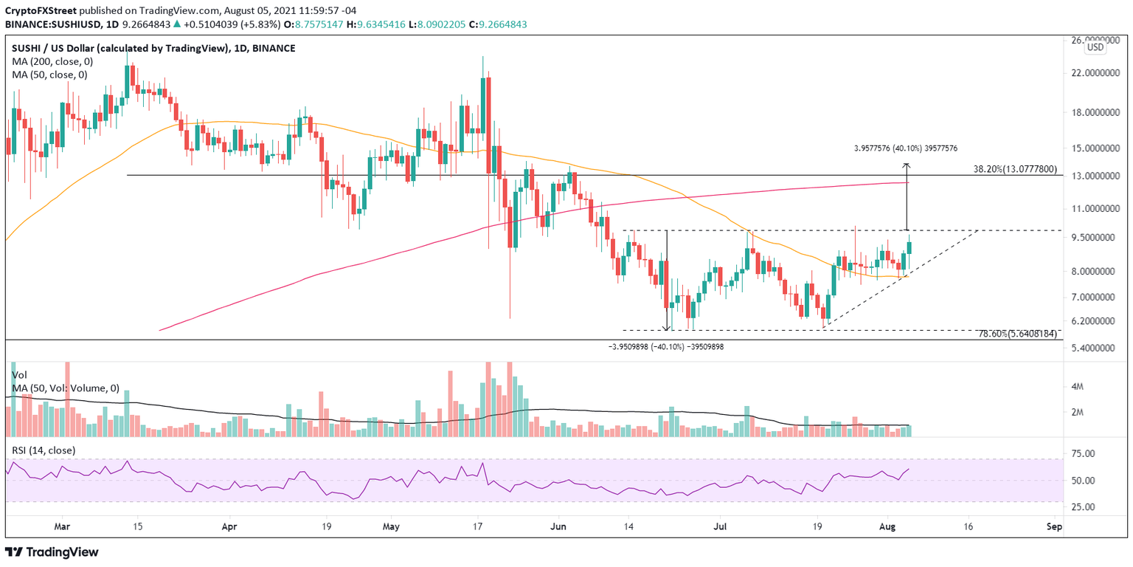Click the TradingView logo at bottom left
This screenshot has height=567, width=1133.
[x=52, y=551]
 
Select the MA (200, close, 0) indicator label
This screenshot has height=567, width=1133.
[x=49, y=61]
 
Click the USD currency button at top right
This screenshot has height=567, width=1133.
[x=1095, y=47]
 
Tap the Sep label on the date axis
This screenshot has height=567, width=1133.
[x=1053, y=528]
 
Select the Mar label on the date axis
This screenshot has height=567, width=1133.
[x=61, y=528]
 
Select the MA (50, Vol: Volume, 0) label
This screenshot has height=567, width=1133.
[x=66, y=388]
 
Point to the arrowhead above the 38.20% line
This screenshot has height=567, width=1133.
[x=907, y=165]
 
